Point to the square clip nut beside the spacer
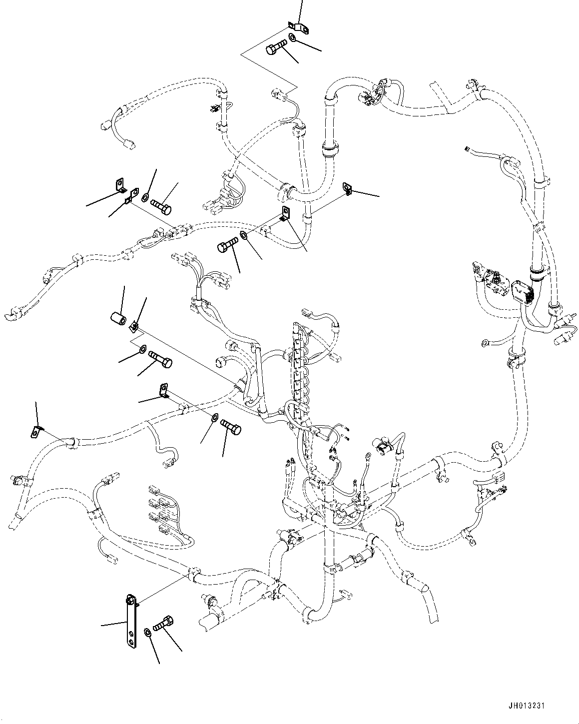(x=133, y=326)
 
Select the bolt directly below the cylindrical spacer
(x=160, y=359)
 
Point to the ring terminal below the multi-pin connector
(x=484, y=343)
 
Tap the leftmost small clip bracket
(x=35, y=431)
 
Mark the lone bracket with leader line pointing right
(x=348, y=188)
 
